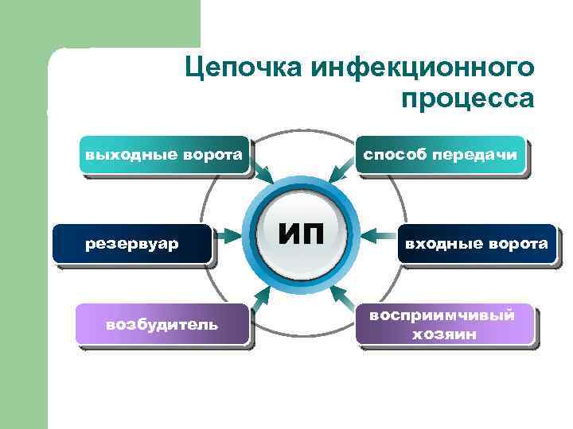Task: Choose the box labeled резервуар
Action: (x=132, y=243)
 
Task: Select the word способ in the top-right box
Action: (x=395, y=153)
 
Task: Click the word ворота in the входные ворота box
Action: (x=518, y=243)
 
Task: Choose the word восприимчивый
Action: (x=442, y=315)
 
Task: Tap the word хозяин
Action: (x=443, y=334)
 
